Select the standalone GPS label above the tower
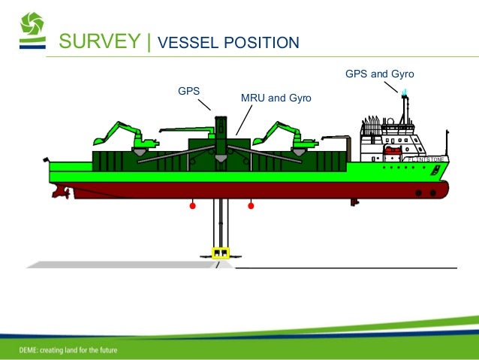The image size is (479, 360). [x=188, y=91]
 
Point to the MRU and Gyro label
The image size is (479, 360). [x=275, y=98]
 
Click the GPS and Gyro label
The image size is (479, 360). [x=379, y=74]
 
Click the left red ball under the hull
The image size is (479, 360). [x=193, y=204]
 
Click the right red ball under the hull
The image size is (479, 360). [x=251, y=204]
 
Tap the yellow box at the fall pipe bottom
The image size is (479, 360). [x=221, y=252]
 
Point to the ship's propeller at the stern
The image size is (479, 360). [x=58, y=192]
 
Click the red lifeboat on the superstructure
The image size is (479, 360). [x=393, y=150]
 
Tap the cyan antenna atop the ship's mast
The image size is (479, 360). [x=405, y=92]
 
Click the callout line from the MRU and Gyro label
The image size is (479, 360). [x=243, y=121]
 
